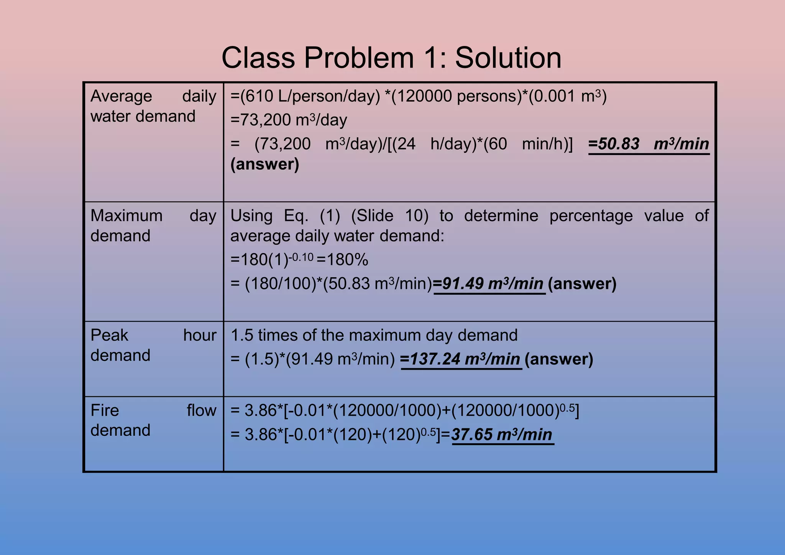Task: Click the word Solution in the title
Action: pyautogui.click(x=508, y=58)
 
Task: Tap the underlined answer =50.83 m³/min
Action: pyautogui.click(x=649, y=144)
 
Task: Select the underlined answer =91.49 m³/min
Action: pyautogui.click(x=489, y=284)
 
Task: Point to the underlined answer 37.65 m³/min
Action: pyautogui.click(x=502, y=435)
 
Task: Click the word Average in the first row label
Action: pyautogui.click(x=121, y=96)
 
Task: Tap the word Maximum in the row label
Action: pyautogui.click(x=126, y=216)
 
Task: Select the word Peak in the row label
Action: pyautogui.click(x=109, y=336)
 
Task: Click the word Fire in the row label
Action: pyautogui.click(x=105, y=411)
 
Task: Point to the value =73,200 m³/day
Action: pyautogui.click(x=289, y=120)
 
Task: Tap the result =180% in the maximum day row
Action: pyautogui.click(x=343, y=260)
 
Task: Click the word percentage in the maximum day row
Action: pyautogui.click(x=591, y=216)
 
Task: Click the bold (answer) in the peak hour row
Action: pyautogui.click(x=559, y=359)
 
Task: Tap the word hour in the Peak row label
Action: pyautogui.click(x=200, y=336)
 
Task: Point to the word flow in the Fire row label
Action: pyautogui.click(x=201, y=411)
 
